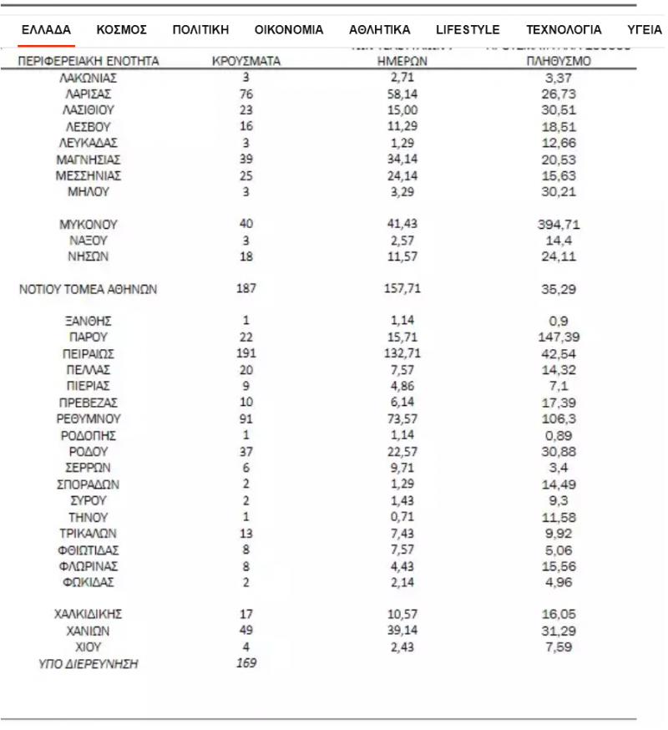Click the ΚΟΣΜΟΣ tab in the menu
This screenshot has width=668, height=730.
122,29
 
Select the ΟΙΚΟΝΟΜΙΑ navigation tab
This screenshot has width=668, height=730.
289,29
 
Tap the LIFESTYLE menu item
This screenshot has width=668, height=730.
468,29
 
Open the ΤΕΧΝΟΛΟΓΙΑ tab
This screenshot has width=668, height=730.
564,29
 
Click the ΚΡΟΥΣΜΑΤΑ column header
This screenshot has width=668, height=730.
246,62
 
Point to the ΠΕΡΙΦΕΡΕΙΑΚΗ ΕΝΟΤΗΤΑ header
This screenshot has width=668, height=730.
89,62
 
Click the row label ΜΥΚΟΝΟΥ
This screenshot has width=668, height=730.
89,225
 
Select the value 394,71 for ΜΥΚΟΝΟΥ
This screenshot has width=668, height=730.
559,225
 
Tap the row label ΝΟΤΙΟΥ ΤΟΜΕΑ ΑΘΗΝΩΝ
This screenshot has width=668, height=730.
89,290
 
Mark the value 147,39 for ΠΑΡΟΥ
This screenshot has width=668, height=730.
559,337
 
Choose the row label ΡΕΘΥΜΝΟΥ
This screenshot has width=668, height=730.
89,398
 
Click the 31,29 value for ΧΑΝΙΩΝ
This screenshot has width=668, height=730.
559,630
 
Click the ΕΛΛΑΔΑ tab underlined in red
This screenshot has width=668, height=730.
46,29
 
